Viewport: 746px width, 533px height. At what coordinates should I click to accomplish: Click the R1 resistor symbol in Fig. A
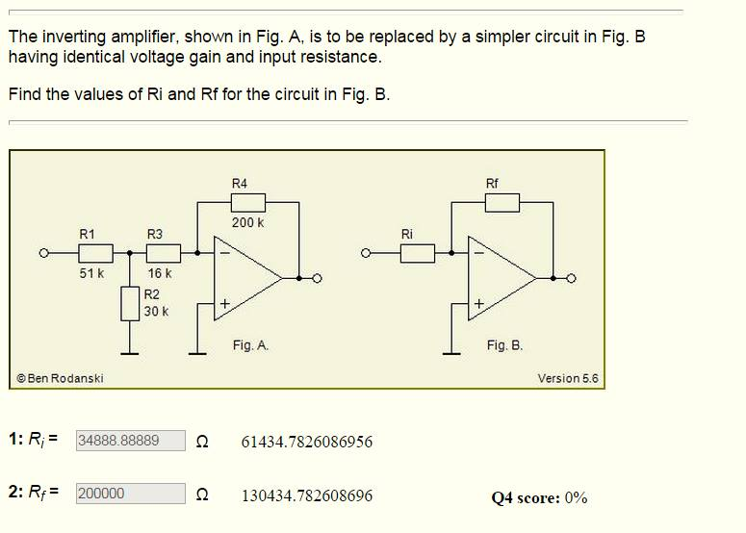(95, 253)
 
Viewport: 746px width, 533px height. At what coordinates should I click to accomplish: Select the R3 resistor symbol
(163, 253)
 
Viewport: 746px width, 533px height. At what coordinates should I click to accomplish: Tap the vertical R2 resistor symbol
(130, 303)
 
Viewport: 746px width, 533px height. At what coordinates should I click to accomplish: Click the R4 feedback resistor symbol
(247, 202)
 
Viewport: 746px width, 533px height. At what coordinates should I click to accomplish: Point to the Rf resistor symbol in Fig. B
(502, 202)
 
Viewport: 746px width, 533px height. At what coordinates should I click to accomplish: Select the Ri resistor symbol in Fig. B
(417, 254)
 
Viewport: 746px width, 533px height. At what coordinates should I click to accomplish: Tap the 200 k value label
(247, 222)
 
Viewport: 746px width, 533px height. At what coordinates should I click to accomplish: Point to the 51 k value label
(91, 273)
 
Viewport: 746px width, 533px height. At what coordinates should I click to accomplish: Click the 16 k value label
(159, 273)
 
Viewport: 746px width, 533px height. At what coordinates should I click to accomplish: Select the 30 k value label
(156, 312)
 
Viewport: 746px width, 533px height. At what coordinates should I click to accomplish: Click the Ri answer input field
(131, 441)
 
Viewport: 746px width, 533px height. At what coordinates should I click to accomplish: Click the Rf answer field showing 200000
(131, 493)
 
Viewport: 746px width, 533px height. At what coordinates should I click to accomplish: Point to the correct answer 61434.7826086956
(306, 442)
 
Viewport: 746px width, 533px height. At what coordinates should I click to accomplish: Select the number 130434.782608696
(306, 496)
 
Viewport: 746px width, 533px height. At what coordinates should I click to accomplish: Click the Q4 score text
(539, 497)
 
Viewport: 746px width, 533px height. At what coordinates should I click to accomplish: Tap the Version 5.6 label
(567, 378)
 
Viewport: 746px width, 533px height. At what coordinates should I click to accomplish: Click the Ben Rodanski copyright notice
(60, 378)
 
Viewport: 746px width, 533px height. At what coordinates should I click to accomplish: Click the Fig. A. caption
(250, 344)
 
